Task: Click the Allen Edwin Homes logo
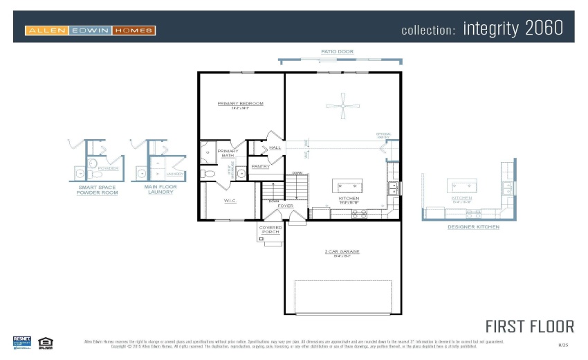[90, 30]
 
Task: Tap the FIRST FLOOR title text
[529, 326]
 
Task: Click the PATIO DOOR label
[337, 52]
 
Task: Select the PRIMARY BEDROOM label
[240, 104]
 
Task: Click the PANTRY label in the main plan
[260, 167]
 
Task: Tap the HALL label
[275, 147]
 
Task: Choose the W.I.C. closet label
[230, 201]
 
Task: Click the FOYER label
[285, 206]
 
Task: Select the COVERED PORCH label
[270, 230]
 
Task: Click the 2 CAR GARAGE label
[342, 251]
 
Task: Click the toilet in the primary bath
[208, 173]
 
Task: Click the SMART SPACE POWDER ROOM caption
[97, 190]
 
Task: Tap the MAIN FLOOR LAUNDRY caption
[160, 189]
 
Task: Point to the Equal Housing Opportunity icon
[46, 341]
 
